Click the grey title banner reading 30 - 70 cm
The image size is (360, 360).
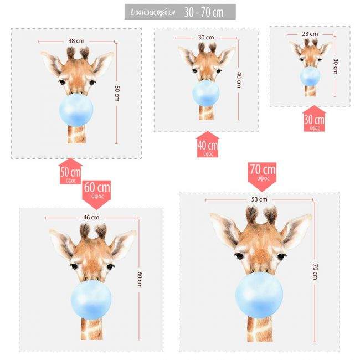click(x=180, y=12)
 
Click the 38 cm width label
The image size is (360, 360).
click(x=76, y=41)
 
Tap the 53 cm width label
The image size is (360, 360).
click(x=259, y=199)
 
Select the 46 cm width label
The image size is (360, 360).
click(x=91, y=217)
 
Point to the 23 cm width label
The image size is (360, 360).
click(x=310, y=34)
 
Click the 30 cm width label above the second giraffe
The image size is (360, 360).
click(x=205, y=37)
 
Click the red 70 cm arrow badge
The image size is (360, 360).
click(x=262, y=173)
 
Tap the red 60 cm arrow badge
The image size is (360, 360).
click(x=97, y=190)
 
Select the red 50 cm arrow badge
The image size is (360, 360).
click(x=71, y=173)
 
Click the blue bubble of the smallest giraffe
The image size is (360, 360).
click(x=310, y=76)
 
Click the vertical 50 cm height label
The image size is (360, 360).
click(x=117, y=93)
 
